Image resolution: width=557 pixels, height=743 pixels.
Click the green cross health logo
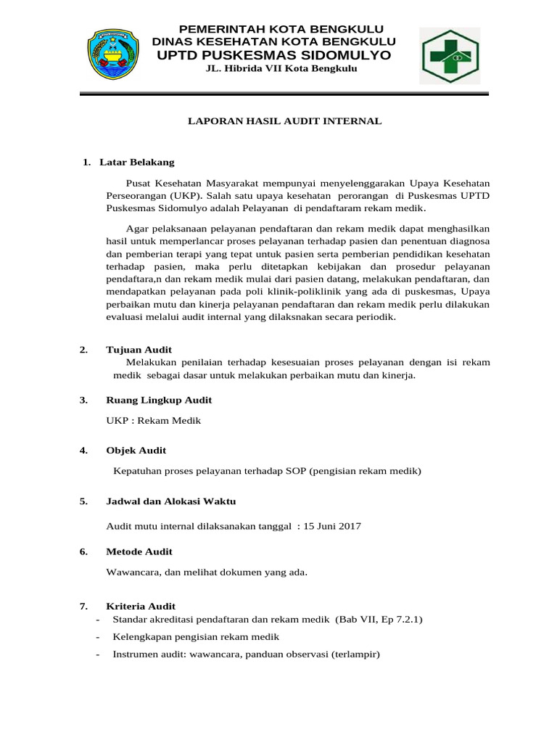tap(448, 56)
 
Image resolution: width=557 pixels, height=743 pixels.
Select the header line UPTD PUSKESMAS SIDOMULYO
tap(273, 56)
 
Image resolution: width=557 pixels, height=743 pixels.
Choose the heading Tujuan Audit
tap(139, 350)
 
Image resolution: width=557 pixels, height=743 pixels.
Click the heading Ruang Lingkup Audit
tap(159, 400)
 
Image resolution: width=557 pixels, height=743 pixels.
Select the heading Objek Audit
tap(136, 451)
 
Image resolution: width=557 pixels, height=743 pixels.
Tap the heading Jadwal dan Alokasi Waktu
tap(170, 501)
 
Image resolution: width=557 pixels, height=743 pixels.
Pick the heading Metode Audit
tap(139, 551)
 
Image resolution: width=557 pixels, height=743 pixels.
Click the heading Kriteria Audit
tap(141, 606)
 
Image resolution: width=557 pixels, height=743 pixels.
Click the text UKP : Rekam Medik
tap(153, 420)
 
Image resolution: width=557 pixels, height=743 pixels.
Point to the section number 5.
tap(83, 501)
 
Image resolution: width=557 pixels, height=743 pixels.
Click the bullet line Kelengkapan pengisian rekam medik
tap(196, 636)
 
